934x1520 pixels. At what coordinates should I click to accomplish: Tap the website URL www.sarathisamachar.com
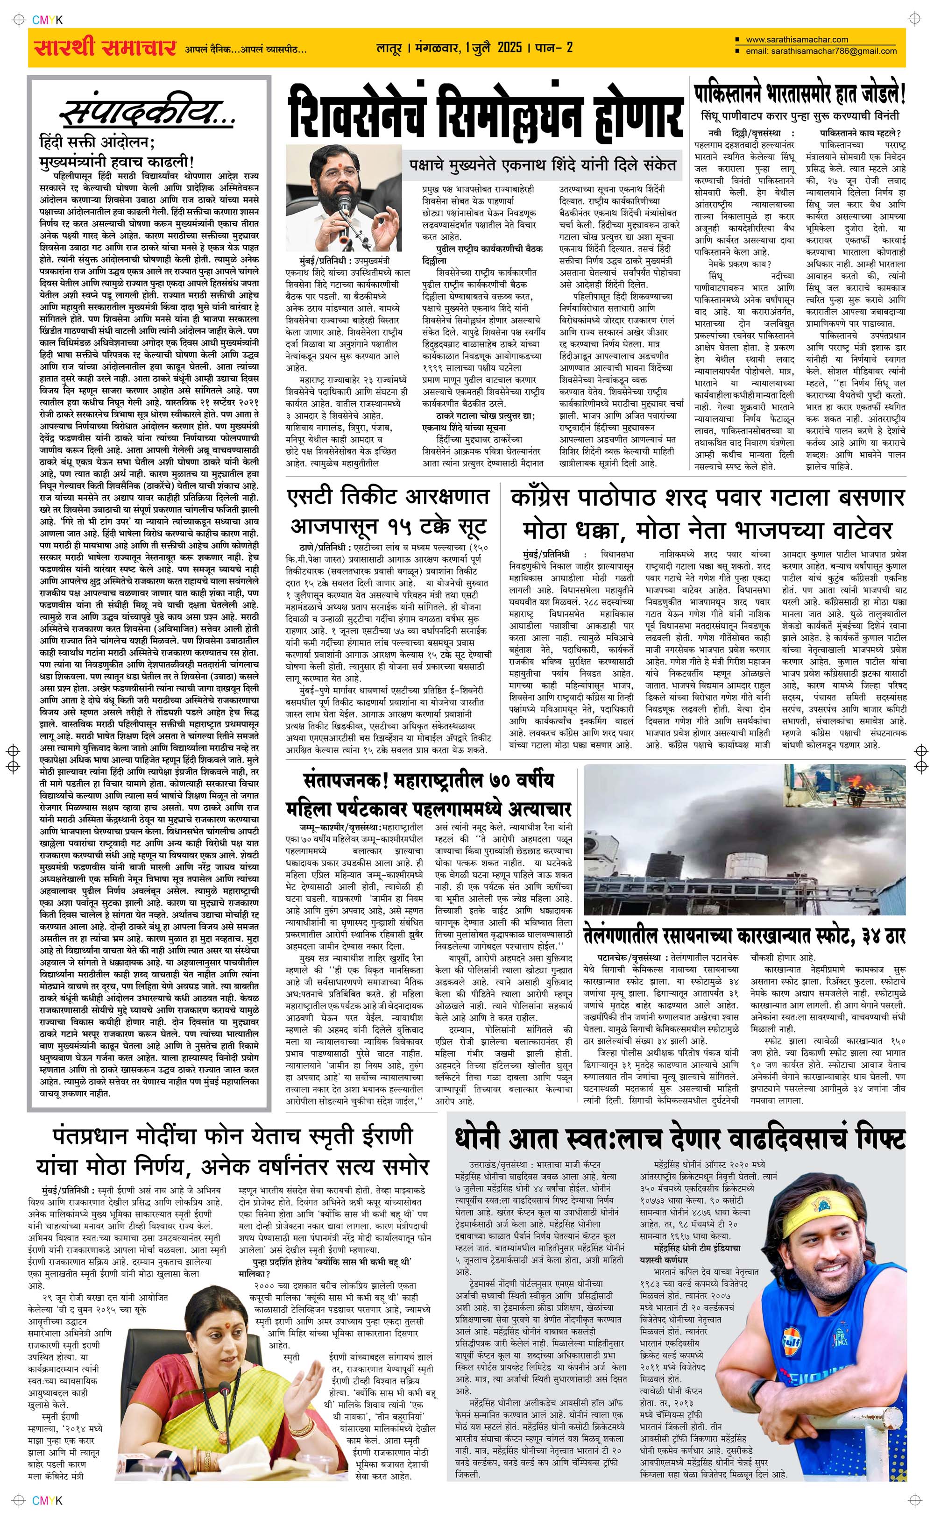(x=797, y=40)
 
